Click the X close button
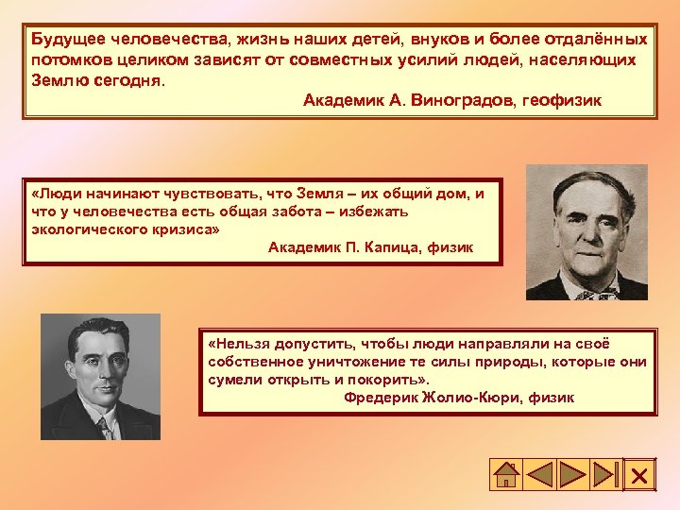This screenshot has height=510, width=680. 639,475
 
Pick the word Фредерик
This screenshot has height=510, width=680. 378,398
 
